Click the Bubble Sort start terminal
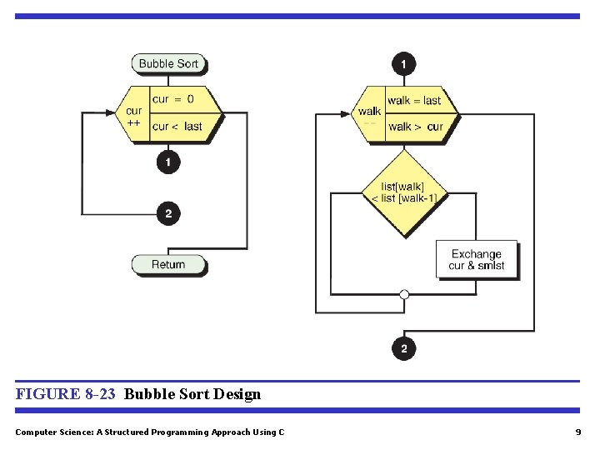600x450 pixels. coord(168,63)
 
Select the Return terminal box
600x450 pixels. coord(168,265)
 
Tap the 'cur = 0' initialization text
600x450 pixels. coord(172,99)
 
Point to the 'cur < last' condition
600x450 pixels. coord(177,127)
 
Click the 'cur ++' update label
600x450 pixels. coord(133,116)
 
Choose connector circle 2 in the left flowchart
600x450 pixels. coord(168,214)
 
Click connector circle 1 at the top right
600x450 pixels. coord(404,63)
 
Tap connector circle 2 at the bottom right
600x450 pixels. coord(404,348)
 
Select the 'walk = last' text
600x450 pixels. coord(414,101)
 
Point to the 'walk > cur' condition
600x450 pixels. coord(415,127)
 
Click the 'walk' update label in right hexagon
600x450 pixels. coord(369,112)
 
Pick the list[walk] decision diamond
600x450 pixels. coord(404,192)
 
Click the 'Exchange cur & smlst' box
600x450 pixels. coord(477,260)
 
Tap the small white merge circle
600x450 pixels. coord(404,294)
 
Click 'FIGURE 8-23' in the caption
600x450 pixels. coord(65,394)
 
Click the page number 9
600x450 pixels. coord(577,432)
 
